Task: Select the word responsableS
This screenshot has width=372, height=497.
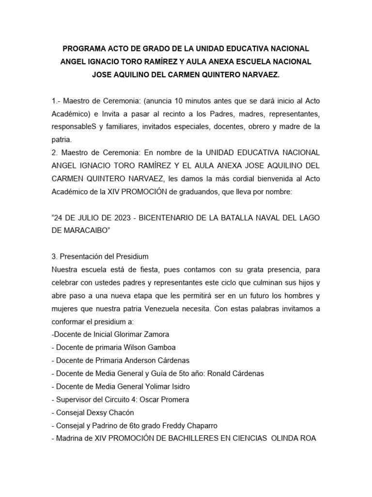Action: [x=73, y=126]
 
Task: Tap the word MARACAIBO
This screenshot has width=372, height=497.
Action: [x=80, y=230]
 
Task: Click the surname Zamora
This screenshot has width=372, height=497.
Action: [x=154, y=334]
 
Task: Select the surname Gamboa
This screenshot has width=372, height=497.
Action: [x=160, y=348]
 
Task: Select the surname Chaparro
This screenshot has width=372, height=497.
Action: [x=200, y=426]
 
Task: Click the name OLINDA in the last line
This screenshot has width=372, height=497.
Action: [x=286, y=439]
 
